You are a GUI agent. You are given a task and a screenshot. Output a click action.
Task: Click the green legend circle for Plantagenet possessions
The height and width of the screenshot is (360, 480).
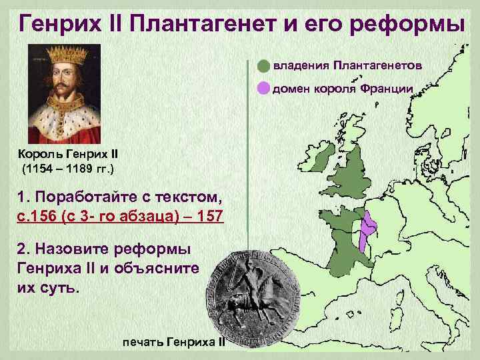click(264, 66)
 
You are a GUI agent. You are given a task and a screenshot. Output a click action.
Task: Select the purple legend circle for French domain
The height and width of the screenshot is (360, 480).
click(264, 87)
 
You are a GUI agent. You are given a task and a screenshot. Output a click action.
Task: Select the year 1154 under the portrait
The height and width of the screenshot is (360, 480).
click(41, 168)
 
